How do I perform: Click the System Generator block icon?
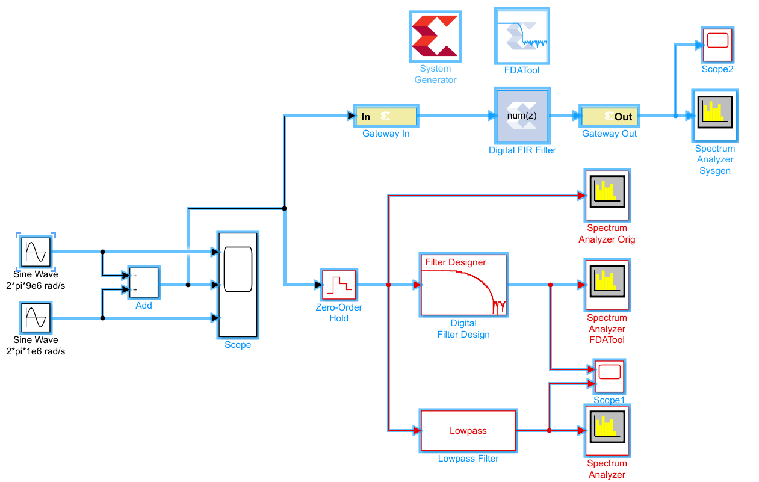[435, 36]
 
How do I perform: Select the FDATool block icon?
[522, 36]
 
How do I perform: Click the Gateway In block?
[386, 116]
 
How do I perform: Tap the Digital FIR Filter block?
[522, 116]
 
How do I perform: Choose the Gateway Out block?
[609, 116]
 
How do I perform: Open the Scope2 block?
[717, 45]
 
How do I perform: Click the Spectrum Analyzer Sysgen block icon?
[715, 116]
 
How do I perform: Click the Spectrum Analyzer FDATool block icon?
[607, 285]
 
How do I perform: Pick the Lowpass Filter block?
[468, 430]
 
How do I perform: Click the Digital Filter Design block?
[463, 285]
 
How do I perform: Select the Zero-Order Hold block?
[339, 285]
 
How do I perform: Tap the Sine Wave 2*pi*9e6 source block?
[36, 252]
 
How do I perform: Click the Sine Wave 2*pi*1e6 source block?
[36, 318]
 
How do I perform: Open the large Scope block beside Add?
[238, 285]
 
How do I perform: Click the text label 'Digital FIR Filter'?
[522, 150]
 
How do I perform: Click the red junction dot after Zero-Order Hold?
[389, 285]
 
